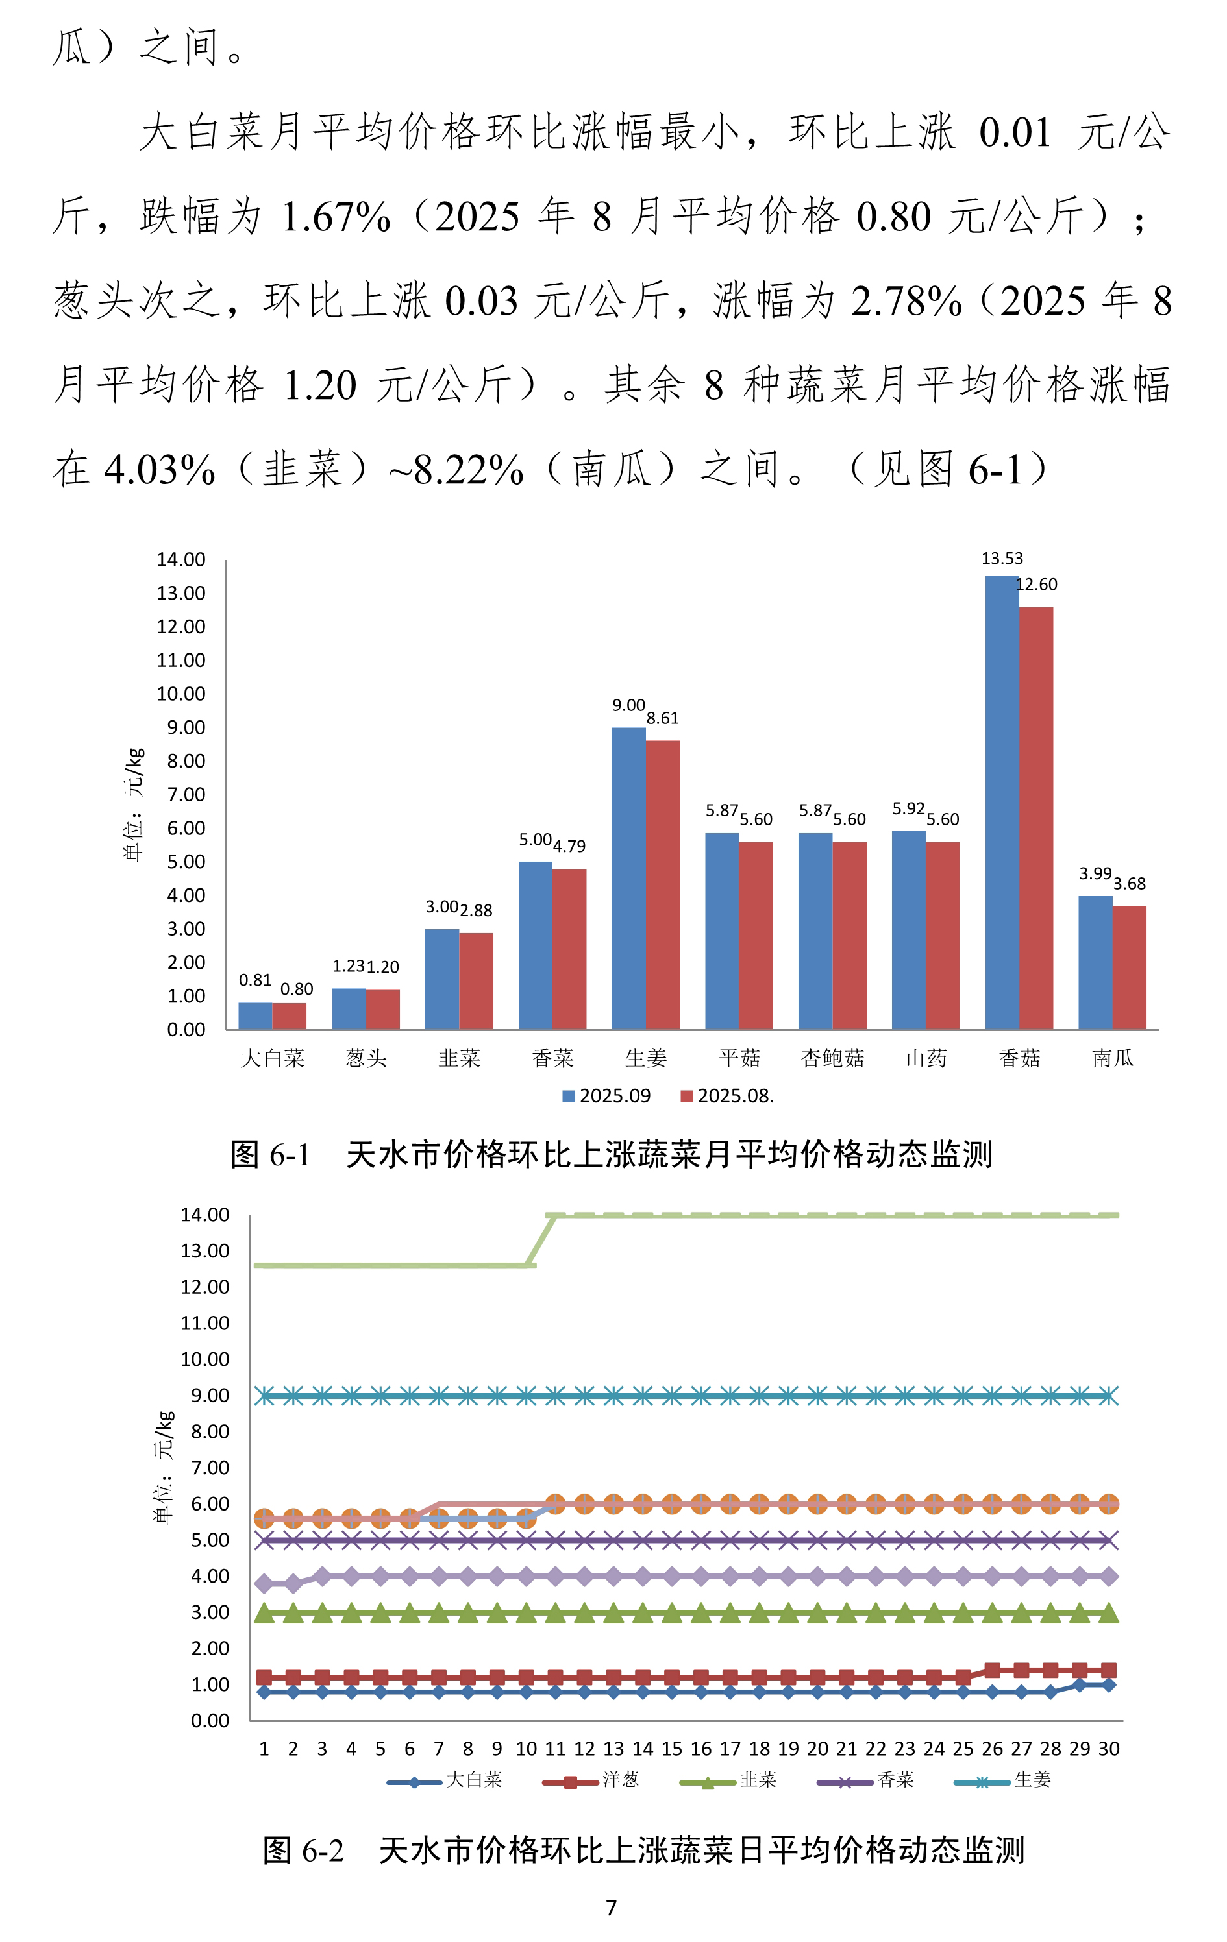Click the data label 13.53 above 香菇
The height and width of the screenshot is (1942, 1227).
pyautogui.click(x=1001, y=558)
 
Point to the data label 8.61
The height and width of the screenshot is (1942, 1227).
pyautogui.click(x=662, y=718)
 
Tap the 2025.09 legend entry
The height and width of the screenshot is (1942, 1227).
pyautogui.click(x=606, y=1096)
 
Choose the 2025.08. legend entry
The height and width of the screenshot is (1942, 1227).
pyautogui.click(x=727, y=1096)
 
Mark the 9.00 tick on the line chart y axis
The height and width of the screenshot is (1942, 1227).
pyautogui.click(x=210, y=1395)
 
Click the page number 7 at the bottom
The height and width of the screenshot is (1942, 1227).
pyautogui.click(x=612, y=1908)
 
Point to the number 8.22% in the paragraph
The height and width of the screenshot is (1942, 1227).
pyautogui.click(x=469, y=469)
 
